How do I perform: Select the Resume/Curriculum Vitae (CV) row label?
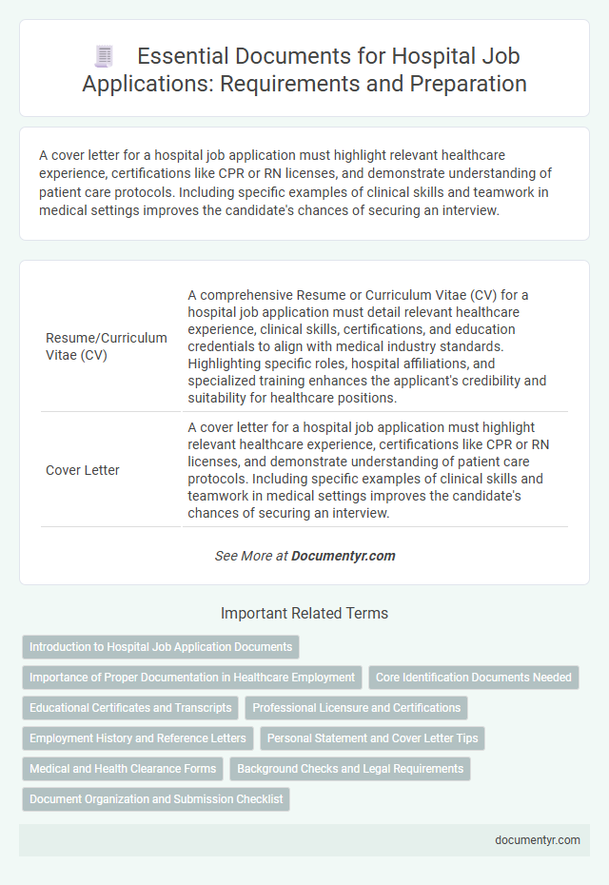pos(107,346)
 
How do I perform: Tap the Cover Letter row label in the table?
pos(83,470)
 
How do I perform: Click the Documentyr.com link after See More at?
pos(344,556)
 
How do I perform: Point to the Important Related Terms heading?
pos(304,613)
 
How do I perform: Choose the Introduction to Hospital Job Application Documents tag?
pos(161,647)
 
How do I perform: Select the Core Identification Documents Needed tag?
pos(474,678)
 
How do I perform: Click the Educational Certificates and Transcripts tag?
pos(130,708)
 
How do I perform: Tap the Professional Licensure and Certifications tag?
pos(356,708)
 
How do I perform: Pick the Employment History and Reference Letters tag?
pos(138,737)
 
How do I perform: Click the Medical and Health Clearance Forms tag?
pos(123,768)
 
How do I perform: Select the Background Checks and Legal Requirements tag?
pos(350,768)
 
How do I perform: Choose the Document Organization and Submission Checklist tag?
pos(156,798)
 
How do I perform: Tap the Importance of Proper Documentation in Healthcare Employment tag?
pos(191,678)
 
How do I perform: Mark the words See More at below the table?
pos(251,556)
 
